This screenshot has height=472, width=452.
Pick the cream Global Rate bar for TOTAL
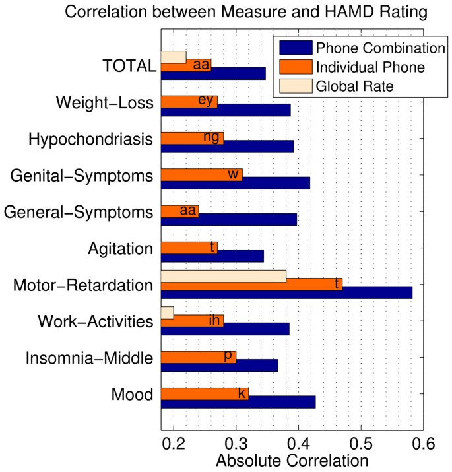pos(174,57)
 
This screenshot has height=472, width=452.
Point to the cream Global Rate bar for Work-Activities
pos(168,313)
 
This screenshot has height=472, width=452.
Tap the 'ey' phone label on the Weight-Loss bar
pos(206,100)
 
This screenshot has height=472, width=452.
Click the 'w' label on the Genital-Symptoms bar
pos(232,174)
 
